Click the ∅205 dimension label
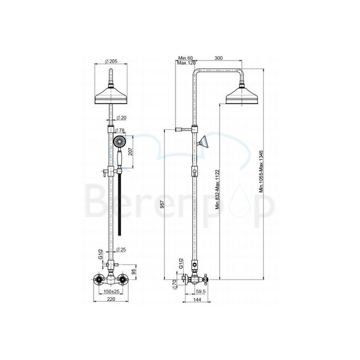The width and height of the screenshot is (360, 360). [x=110, y=60]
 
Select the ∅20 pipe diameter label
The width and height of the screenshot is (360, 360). [x=120, y=117]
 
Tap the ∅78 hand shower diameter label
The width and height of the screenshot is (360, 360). [x=120, y=130]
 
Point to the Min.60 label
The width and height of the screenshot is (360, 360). [x=186, y=58]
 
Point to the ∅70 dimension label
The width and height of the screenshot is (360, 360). [x=174, y=284]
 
